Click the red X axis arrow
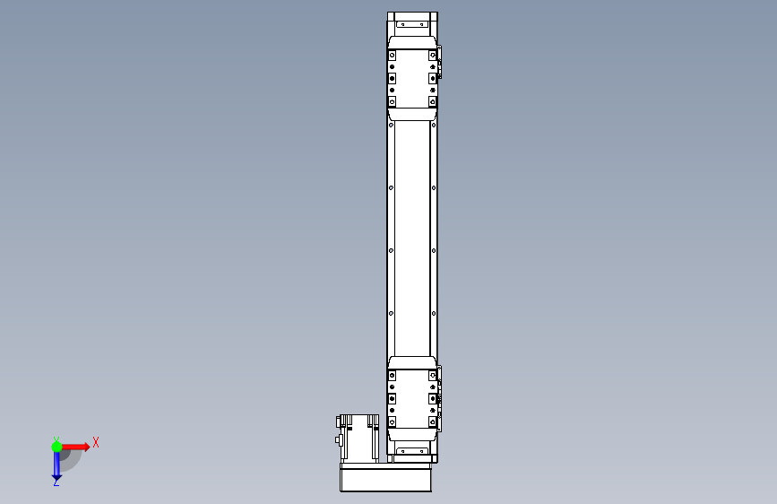pyautogui.click(x=74, y=447)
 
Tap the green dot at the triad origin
pyautogui.click(x=56, y=447)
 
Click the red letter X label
pyautogui.click(x=96, y=442)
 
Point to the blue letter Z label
pyautogui.click(x=56, y=482)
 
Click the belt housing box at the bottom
pyautogui.click(x=385, y=478)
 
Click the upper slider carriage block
pyautogui.click(x=412, y=78)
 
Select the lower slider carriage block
pyautogui.click(x=412, y=398)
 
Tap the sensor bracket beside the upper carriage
pyautogui.click(x=439, y=62)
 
